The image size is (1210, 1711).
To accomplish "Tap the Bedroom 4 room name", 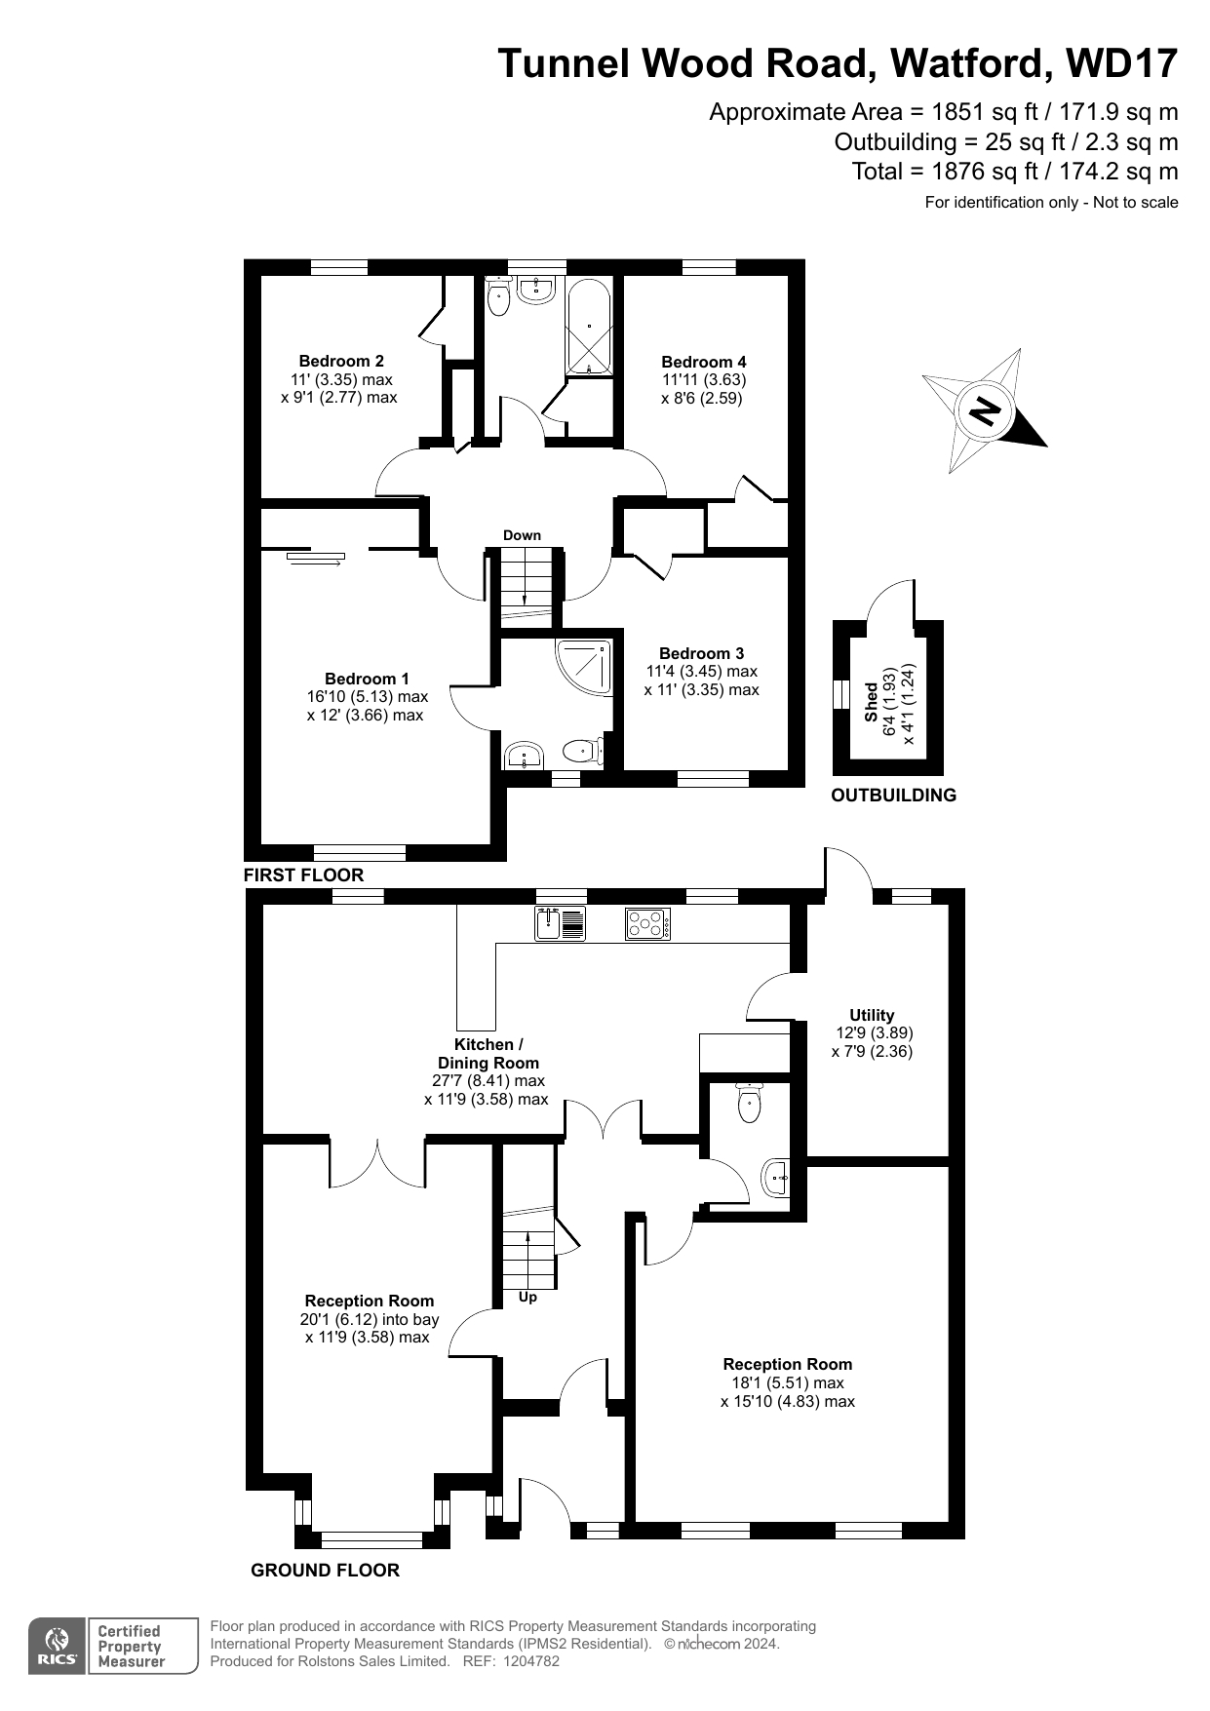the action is [x=703, y=362].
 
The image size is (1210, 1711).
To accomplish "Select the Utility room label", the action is [x=872, y=1015].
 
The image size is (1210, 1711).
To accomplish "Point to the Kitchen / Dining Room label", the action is [x=488, y=1054].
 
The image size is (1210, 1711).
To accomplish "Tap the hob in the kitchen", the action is [x=647, y=923].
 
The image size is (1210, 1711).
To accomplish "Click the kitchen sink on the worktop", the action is [x=560, y=923].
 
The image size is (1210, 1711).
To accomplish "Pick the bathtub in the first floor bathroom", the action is [x=589, y=327].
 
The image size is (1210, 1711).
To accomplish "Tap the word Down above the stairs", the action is [x=522, y=535].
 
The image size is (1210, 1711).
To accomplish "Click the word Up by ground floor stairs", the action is [x=527, y=1298].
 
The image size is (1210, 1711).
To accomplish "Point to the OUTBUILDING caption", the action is [x=893, y=796].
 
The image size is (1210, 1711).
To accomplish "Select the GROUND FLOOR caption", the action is [x=325, y=1571].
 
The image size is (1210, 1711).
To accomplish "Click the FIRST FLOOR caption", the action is [x=303, y=875].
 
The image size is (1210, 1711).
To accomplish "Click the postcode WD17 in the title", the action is [x=1122, y=63].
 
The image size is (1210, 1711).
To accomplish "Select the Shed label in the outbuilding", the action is [x=871, y=702].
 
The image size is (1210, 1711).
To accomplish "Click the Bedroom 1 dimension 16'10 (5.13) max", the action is [x=368, y=697].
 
